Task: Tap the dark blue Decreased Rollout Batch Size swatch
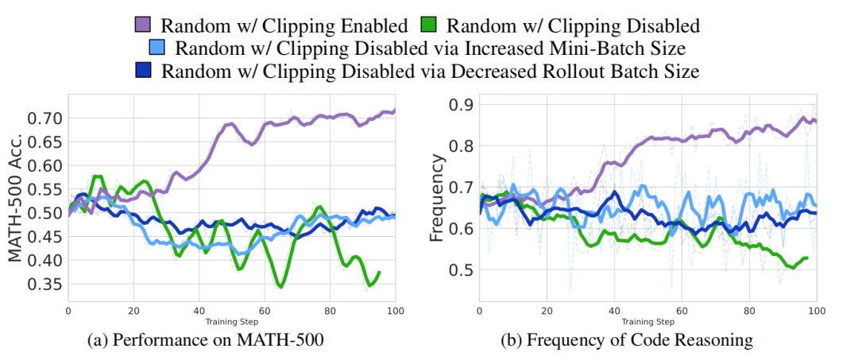pyautogui.click(x=145, y=71)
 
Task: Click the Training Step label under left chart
pyautogui.click(x=231, y=322)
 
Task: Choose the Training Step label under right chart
pyautogui.click(x=647, y=322)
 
